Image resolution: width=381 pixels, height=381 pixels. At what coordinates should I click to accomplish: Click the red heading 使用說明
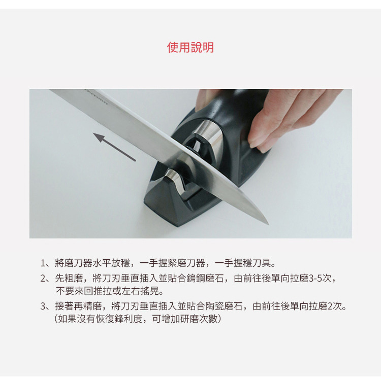190,47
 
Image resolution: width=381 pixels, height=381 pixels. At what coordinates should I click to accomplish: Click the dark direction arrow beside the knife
114,147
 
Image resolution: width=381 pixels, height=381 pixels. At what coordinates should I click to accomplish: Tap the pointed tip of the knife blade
268,224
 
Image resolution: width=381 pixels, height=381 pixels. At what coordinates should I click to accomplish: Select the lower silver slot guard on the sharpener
176,181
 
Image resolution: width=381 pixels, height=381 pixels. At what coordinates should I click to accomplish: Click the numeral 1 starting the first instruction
43,263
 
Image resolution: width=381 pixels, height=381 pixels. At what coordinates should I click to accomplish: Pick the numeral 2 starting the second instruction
43,279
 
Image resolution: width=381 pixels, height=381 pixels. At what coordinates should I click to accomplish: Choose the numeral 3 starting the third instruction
43,306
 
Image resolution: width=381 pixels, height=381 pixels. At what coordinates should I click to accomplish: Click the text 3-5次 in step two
320,279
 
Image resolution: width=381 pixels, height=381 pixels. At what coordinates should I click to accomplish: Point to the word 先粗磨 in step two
69,279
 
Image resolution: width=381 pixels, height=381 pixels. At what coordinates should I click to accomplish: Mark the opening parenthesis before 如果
56,319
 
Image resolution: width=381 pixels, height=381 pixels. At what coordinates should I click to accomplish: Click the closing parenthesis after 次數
219,319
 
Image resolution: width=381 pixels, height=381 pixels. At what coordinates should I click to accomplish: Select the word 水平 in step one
102,263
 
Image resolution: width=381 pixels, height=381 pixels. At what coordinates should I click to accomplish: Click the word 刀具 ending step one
262,263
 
